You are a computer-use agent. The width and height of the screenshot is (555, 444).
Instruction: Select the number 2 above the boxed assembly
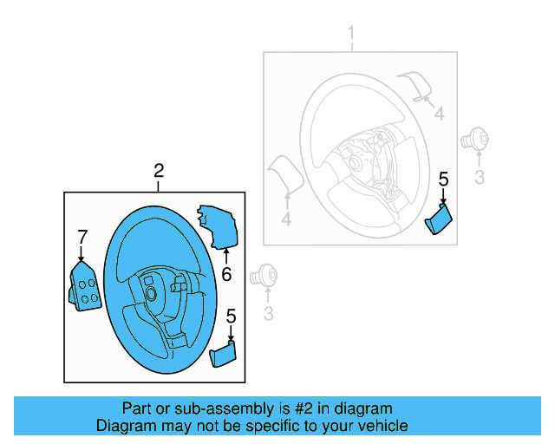point(159,171)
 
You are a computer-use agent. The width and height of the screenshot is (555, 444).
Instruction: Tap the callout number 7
point(82,236)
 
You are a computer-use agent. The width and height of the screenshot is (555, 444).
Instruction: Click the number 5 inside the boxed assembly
point(231,317)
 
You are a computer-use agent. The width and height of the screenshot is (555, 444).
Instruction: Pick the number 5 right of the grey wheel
point(443,180)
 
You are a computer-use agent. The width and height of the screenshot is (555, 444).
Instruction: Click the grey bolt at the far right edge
point(475,136)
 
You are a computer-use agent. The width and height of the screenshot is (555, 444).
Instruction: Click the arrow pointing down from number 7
point(82,254)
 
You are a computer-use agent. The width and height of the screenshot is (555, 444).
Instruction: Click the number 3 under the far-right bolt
point(479,178)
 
